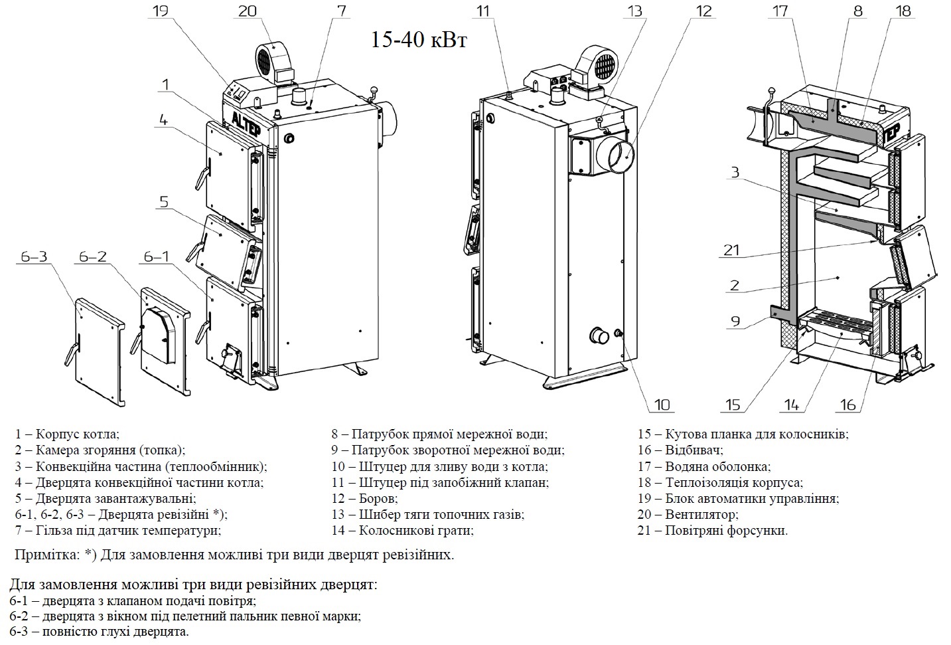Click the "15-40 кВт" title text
pos(419,41)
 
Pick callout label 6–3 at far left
pos(34,256)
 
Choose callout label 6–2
pos(92,256)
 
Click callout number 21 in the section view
pos(731,251)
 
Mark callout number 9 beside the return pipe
pos(735,322)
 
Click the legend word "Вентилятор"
pos(701,514)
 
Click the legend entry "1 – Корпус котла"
pos(67,434)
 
